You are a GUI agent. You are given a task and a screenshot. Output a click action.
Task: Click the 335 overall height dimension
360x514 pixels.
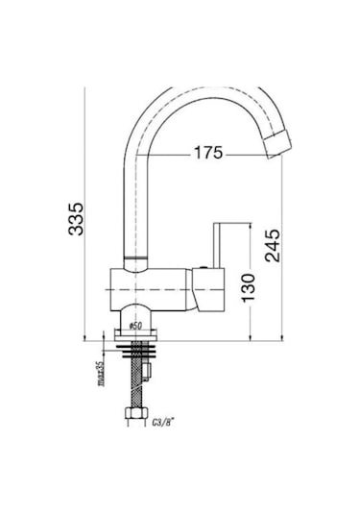[76, 219]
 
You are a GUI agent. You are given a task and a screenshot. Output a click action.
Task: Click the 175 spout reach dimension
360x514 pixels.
[208, 153]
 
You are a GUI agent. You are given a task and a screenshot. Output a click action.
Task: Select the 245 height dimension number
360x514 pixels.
[273, 246]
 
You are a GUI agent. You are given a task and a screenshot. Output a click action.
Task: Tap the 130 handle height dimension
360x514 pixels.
[248, 288]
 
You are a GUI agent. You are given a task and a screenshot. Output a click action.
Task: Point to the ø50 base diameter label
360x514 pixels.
[135, 326]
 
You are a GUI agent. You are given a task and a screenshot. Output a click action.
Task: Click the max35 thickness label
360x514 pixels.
[101, 373]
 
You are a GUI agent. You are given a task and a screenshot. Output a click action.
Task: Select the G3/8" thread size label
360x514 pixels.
[162, 422]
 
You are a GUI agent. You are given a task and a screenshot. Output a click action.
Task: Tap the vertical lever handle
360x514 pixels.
[217, 246]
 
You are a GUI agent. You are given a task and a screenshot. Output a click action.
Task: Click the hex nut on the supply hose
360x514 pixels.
[135, 413]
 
